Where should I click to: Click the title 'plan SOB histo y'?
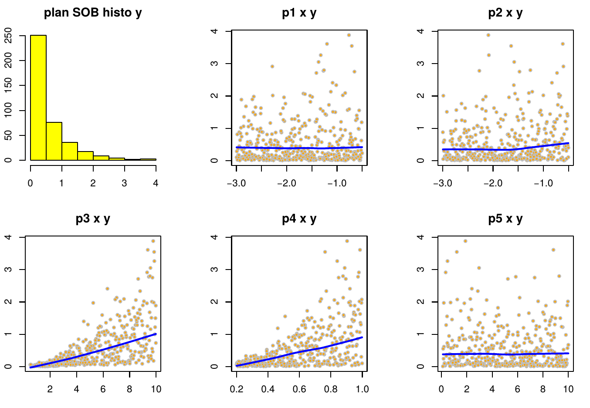pyautogui.click(x=93, y=13)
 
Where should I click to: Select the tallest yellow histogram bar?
pyautogui.click(x=38, y=98)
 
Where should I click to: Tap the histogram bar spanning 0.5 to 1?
pyautogui.click(x=54, y=141)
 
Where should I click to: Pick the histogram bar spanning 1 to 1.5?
pyautogui.click(x=70, y=151)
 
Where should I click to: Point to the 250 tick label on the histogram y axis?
pyautogui.click(x=8, y=35)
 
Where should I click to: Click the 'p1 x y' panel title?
pyautogui.click(x=299, y=13)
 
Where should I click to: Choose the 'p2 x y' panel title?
pyautogui.click(x=505, y=13)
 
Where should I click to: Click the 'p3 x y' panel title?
pyautogui.click(x=93, y=219)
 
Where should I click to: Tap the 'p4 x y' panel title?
pyautogui.click(x=299, y=219)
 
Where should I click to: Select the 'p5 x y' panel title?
pyautogui.click(x=505, y=219)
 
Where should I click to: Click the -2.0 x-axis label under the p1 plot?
pyautogui.click(x=286, y=183)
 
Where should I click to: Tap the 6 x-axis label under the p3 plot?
pyautogui.click(x=103, y=389)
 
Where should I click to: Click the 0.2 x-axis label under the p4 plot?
pyautogui.click(x=237, y=389)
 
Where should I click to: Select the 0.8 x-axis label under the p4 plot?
pyautogui.click(x=331, y=389)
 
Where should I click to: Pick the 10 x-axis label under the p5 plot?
pyautogui.click(x=568, y=389)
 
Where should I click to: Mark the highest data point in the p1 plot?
pyautogui.click(x=349, y=35)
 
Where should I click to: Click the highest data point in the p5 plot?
pyautogui.click(x=465, y=241)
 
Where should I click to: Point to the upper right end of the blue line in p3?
pyautogui.click(x=156, y=334)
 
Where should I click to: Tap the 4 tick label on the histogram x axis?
pyautogui.click(x=156, y=183)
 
